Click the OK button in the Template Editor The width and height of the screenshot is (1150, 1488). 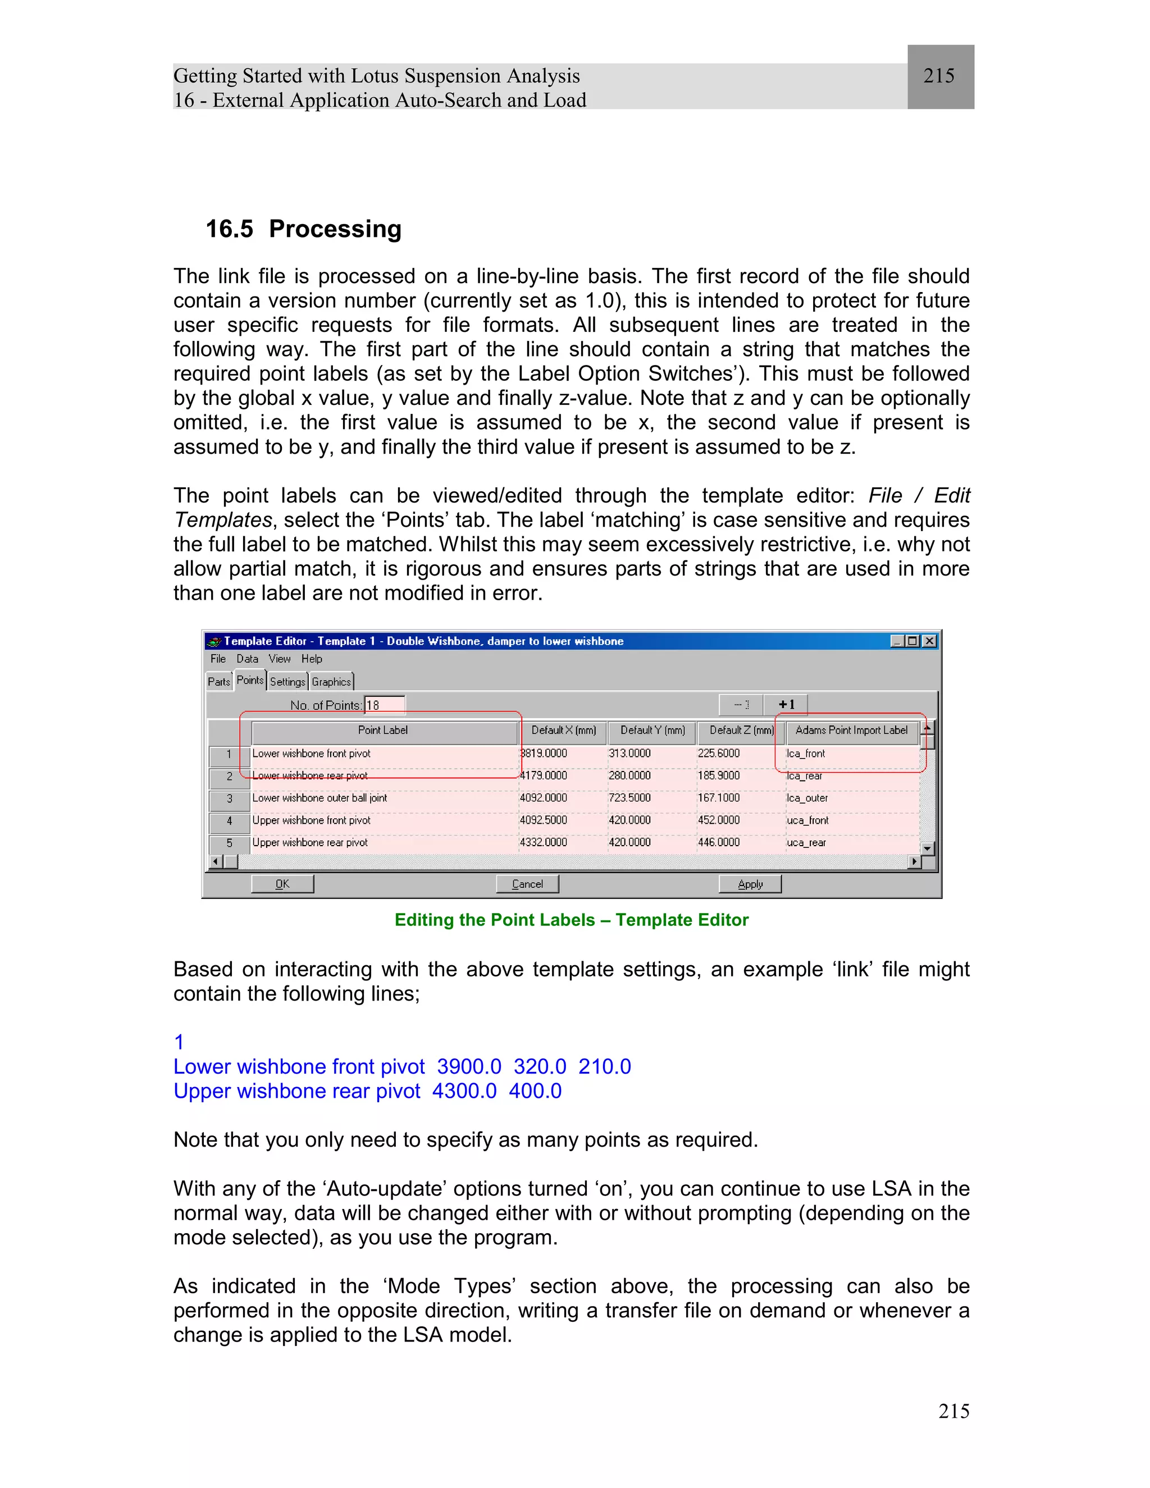coord(282,884)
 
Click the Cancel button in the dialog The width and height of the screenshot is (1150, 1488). coord(527,884)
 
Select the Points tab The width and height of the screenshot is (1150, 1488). coord(249,680)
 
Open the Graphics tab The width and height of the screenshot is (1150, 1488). coord(331,681)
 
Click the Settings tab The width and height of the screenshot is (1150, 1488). coord(287,681)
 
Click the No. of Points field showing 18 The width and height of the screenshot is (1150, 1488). coord(384,705)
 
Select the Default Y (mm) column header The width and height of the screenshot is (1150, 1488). coord(652,731)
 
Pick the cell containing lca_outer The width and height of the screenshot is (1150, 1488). coord(807,798)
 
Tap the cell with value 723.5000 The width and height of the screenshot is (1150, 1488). coord(629,798)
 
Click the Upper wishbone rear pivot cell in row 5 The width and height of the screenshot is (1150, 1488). coord(310,843)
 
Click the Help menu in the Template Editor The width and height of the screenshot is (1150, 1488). coord(311,659)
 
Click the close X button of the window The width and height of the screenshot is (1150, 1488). coord(929,641)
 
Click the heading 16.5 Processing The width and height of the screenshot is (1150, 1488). coord(303,229)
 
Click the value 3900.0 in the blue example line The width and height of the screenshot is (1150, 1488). coord(469,1066)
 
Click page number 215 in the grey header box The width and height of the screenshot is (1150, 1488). coord(939,76)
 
